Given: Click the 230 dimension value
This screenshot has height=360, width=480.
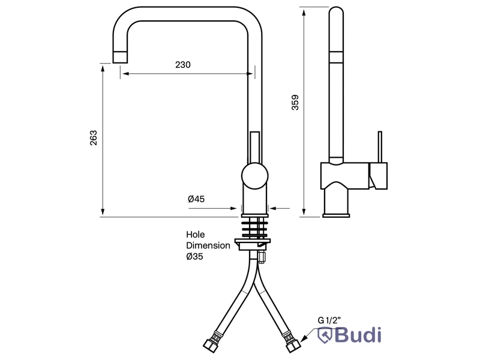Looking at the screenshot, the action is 183,65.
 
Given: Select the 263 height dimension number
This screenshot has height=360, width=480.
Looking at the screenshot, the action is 94,138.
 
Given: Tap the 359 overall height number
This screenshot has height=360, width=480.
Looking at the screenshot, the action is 295,103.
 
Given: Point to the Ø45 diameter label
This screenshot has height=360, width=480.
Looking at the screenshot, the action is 196,199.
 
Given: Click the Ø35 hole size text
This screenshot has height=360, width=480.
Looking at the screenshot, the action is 194,256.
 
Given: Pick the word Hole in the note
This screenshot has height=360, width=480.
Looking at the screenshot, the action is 196,235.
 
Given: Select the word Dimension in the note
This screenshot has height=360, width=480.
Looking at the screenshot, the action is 208,245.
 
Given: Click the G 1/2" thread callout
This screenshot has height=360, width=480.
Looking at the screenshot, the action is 329,320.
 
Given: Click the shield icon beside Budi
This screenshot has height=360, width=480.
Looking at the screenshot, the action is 325,335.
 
